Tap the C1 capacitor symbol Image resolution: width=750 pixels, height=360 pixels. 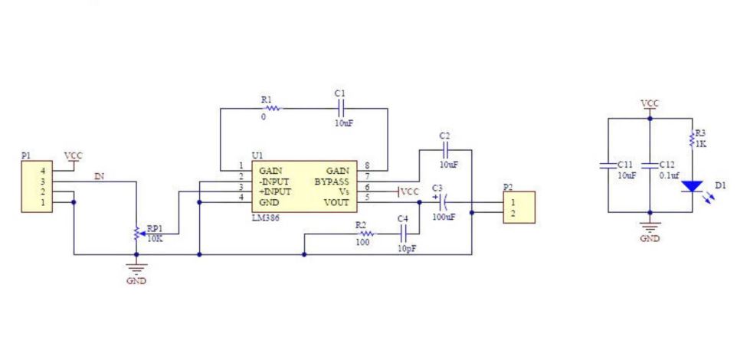[342, 108]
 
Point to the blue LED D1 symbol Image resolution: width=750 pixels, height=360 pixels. [693, 186]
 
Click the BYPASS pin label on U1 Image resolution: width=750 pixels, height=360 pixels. [332, 181]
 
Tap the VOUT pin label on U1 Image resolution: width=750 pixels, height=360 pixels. [336, 203]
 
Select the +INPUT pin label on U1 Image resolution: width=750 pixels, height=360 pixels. [275, 191]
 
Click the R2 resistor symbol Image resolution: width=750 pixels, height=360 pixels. [367, 234]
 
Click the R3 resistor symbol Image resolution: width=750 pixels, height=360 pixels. [693, 140]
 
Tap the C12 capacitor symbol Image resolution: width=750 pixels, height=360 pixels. [650, 165]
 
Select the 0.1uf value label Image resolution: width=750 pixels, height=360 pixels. [669, 175]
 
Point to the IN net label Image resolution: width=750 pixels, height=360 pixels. [98, 177]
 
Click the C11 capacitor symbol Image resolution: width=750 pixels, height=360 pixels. [608, 165]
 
